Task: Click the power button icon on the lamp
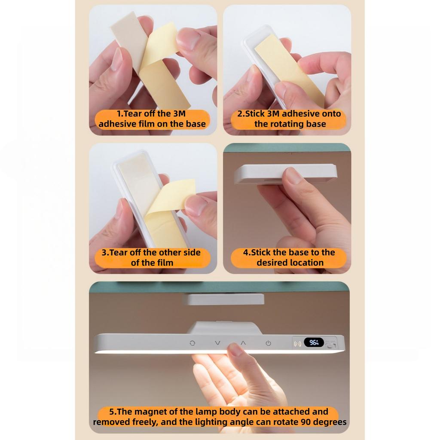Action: click(268, 343)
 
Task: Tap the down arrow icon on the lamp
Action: click(217, 343)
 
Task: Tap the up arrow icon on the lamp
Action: click(243, 342)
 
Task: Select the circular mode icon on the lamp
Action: click(192, 343)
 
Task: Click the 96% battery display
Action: click(314, 342)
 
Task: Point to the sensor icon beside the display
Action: click(297, 343)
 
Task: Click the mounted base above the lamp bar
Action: click(223, 299)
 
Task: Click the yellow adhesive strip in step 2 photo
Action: click(289, 70)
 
